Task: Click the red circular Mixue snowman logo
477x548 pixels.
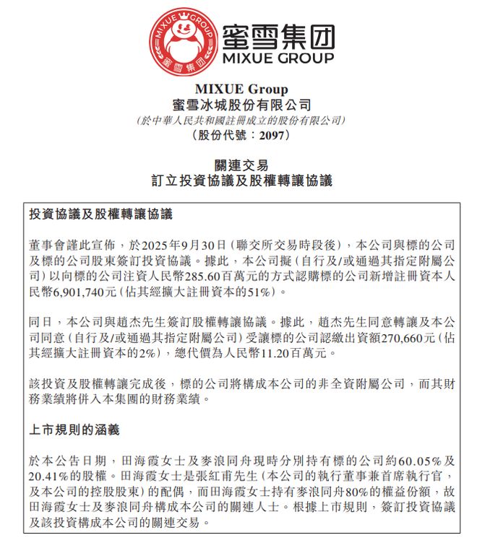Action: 184,40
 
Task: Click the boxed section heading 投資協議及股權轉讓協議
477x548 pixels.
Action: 100,215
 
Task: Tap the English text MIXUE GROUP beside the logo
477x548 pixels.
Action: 278,57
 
